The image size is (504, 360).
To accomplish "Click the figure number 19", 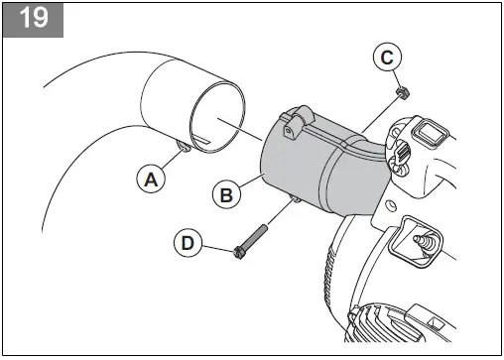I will tap(34, 19).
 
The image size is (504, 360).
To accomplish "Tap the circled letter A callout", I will tap(150, 180).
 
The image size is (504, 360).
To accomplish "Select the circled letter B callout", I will tap(226, 195).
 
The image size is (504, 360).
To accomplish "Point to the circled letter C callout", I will tap(389, 57).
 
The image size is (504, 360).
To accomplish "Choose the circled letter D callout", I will tap(187, 241).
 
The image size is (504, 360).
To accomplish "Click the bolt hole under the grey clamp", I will tap(296, 203).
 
